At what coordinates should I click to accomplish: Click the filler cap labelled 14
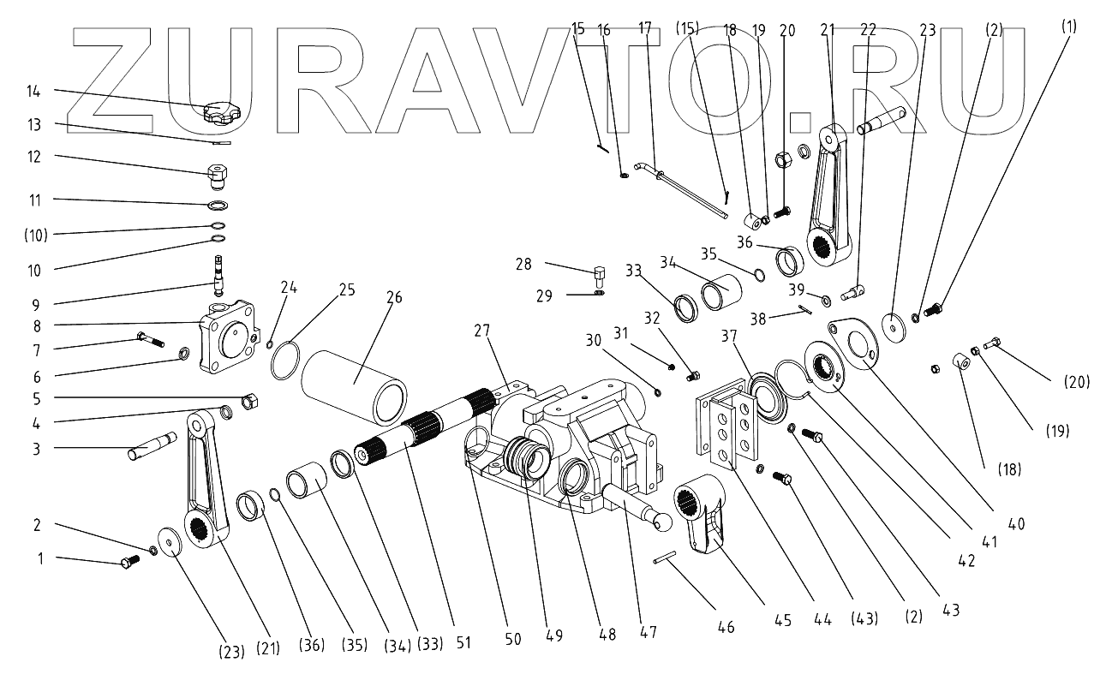click(221, 112)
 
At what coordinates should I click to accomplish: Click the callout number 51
click(463, 641)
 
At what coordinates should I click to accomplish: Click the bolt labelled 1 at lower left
click(129, 563)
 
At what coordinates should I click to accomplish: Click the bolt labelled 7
click(149, 340)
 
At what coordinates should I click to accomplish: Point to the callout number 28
click(524, 265)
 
